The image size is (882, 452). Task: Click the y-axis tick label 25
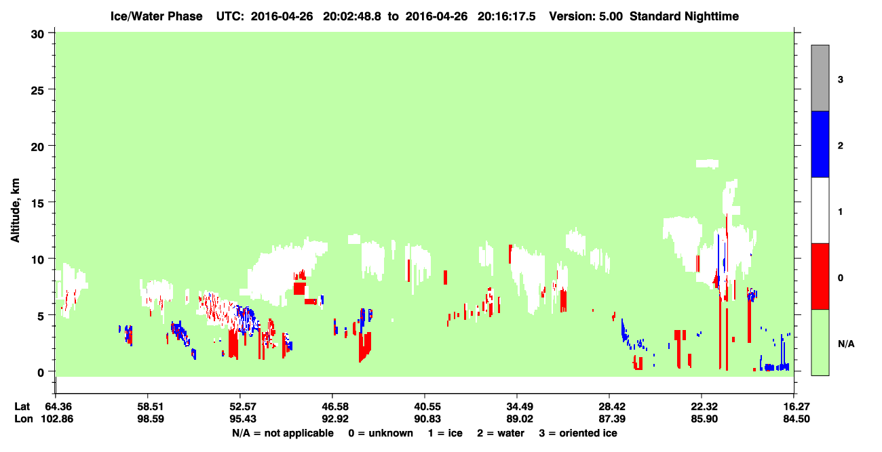pos(37,91)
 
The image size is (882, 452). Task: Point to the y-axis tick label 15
pos(37,203)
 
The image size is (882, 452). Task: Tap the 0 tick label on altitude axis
pos(41,373)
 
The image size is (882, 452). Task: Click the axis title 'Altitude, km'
pos(15,211)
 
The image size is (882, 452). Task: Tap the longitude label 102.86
pos(57,419)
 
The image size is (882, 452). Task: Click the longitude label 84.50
pos(797,419)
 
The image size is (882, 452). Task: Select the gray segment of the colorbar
pos(820,78)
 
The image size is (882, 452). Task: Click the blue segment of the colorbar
pos(820,144)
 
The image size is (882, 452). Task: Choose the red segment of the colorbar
pos(820,276)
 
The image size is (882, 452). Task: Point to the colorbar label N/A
pos(846,344)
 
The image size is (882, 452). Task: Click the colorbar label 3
pos(841,80)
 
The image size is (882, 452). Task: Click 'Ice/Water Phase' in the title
pos(156,16)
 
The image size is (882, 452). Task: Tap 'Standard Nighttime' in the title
pos(684,16)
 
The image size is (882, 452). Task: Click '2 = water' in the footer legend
pos(501,433)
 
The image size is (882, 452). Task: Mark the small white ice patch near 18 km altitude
pos(707,163)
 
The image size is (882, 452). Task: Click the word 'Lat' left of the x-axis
pos(22,407)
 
